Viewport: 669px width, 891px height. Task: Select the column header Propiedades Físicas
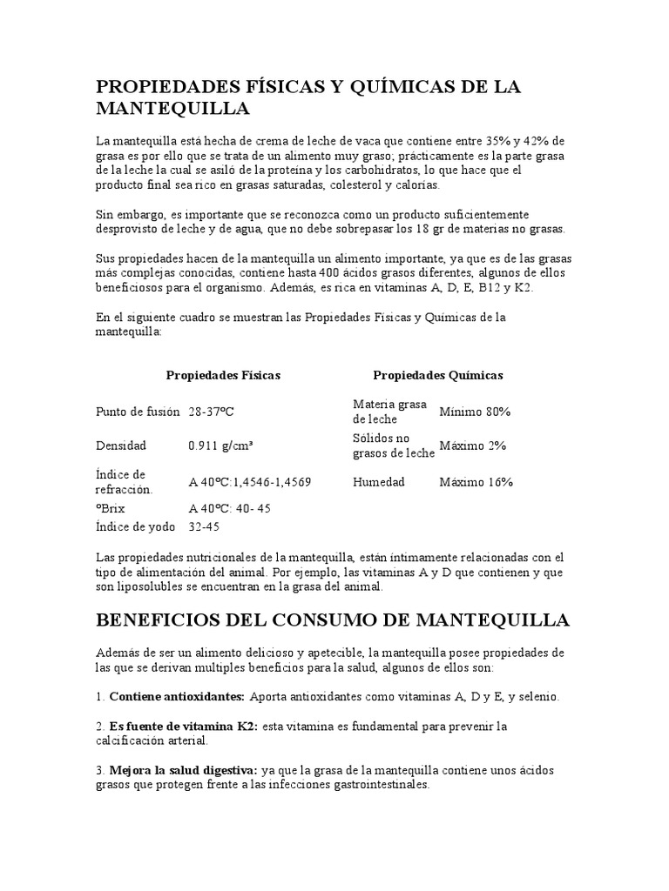tap(223, 375)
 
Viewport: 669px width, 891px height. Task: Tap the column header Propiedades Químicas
tap(437, 375)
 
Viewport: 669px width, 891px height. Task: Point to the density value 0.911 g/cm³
tap(220, 445)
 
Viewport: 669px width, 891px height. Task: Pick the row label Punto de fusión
tap(138, 412)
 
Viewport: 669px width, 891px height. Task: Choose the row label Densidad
tap(121, 445)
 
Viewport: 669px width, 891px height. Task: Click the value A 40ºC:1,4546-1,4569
tap(249, 481)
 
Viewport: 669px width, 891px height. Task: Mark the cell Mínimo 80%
tap(475, 412)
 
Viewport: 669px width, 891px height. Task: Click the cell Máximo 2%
tap(472, 445)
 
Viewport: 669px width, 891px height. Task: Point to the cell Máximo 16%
tap(476, 481)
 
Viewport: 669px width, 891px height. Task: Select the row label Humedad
tap(379, 481)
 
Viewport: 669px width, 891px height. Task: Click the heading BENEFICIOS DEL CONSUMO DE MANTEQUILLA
tap(332, 620)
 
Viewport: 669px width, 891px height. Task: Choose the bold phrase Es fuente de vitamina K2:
tap(183, 726)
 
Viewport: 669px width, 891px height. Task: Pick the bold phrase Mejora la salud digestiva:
tap(183, 771)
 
